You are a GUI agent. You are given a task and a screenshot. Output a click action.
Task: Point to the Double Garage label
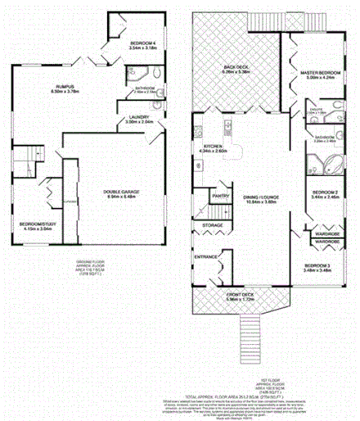(121, 193)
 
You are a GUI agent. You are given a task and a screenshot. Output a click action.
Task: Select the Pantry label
(219, 197)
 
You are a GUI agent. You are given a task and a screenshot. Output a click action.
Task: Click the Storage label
(212, 224)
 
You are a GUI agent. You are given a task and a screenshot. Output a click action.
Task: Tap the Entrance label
(206, 257)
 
